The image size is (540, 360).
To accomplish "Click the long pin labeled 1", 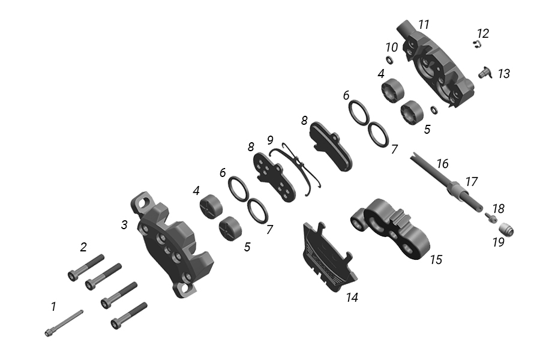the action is (x=64, y=323).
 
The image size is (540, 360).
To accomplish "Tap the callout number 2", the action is (x=83, y=247).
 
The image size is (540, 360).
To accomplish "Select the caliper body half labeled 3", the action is (x=172, y=244).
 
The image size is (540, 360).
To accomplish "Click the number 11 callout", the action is (x=424, y=25).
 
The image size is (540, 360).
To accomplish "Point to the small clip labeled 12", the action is (x=476, y=44).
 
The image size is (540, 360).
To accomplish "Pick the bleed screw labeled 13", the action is (x=485, y=73).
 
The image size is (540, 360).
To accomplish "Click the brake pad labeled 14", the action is (x=329, y=257).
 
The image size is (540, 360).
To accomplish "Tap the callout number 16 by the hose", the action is (x=443, y=164).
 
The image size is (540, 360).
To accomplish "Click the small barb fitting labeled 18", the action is (x=491, y=217).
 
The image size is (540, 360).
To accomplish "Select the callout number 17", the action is (x=471, y=182).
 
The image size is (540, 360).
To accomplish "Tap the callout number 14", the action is (x=352, y=297).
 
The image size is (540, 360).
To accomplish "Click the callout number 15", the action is (x=436, y=259).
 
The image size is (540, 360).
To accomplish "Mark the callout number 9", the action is (x=270, y=140).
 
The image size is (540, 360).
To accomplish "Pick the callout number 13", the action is (x=504, y=73).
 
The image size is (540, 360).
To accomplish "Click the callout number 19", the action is (x=499, y=242).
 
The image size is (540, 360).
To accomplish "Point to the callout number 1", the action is (x=53, y=306).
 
